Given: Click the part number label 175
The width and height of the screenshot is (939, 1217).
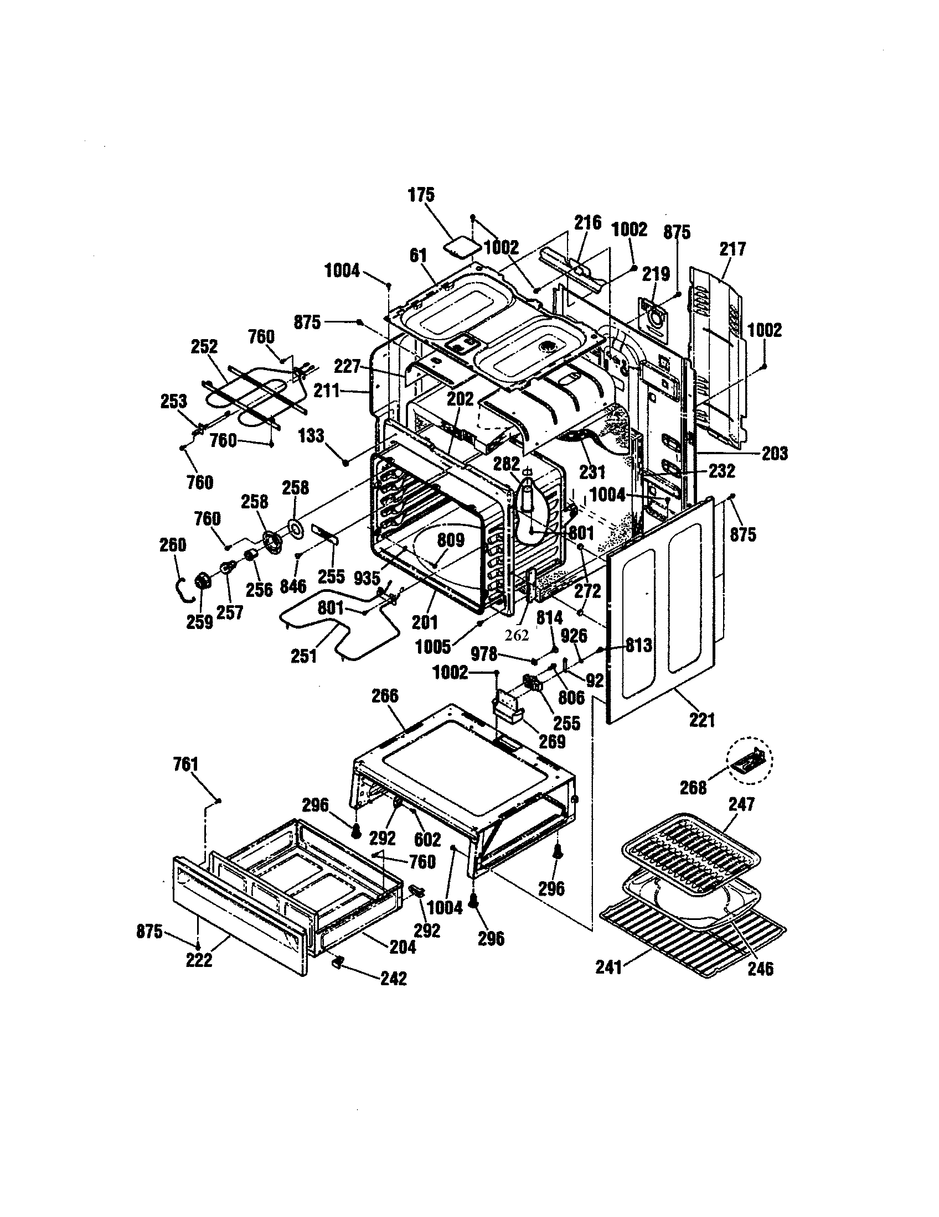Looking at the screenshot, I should click(420, 195).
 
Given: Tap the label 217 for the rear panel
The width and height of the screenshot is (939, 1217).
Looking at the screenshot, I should click(731, 248).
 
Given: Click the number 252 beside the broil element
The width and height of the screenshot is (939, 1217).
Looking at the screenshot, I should click(204, 346).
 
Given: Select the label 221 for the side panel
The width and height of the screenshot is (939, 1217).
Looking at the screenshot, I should click(701, 720).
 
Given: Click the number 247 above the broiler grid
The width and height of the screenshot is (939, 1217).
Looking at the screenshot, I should click(741, 804).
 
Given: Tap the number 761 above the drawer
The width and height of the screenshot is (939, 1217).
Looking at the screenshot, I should click(185, 763).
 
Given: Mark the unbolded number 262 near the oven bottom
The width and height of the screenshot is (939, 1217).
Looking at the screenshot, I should click(517, 635).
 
